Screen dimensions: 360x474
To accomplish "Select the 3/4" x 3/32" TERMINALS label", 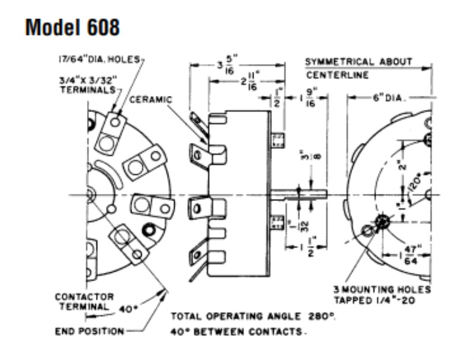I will [x=87, y=82].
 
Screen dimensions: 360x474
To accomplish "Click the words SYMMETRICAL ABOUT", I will [x=358, y=62].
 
